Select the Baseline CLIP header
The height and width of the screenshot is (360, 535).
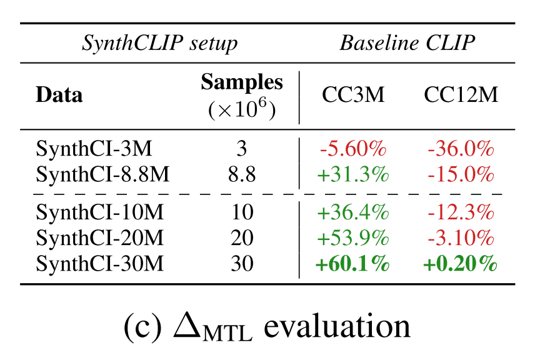(x=407, y=44)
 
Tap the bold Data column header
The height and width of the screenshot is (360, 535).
(x=59, y=95)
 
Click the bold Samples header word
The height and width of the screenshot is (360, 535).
(x=241, y=82)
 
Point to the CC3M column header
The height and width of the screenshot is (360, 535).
(x=353, y=95)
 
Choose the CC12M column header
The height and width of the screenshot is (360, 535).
(x=461, y=95)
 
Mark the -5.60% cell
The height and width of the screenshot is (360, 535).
(x=353, y=149)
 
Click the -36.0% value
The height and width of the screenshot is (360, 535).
(x=461, y=149)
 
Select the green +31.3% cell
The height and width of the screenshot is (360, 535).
(x=353, y=175)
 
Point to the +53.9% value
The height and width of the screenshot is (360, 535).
(x=353, y=238)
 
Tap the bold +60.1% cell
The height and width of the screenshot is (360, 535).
(x=353, y=264)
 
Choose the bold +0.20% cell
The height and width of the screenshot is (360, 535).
(x=461, y=264)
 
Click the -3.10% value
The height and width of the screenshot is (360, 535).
(x=461, y=238)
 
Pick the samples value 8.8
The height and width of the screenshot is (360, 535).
(x=241, y=175)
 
